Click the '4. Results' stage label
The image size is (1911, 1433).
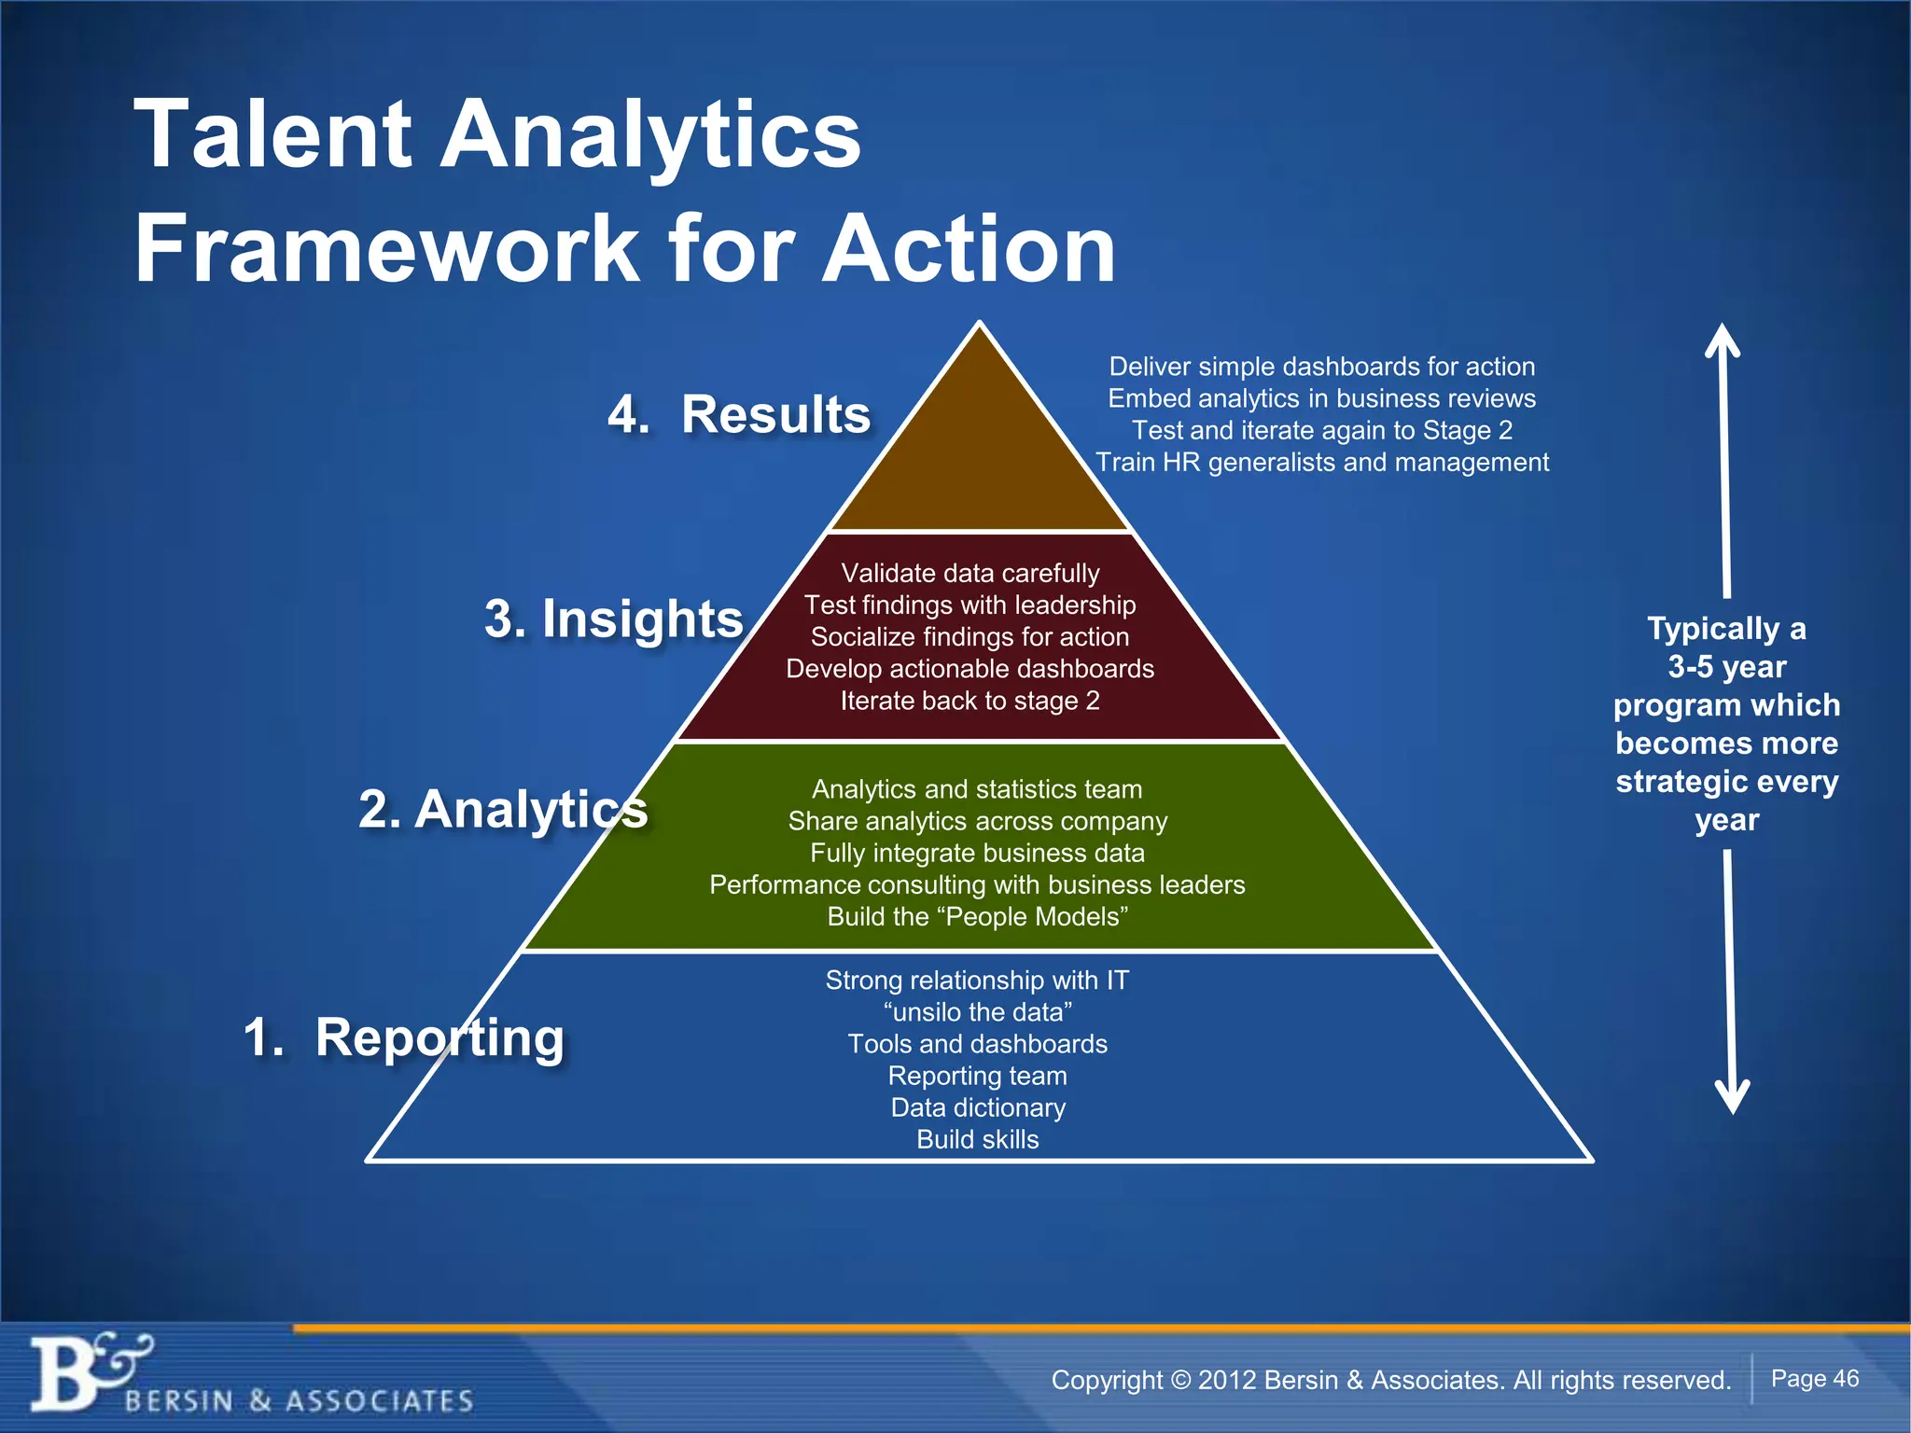tap(739, 414)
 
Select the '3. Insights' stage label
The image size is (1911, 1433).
tap(613, 619)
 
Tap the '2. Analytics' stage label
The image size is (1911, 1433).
tap(503, 809)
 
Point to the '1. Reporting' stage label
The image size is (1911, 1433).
tap(403, 1036)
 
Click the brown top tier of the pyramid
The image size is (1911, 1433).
tap(979, 457)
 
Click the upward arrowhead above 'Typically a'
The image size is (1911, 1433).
tap(1723, 340)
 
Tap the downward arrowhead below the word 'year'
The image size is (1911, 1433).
tap(1733, 1095)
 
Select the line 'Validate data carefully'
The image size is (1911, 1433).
tap(970, 573)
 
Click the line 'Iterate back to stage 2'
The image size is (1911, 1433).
tap(970, 701)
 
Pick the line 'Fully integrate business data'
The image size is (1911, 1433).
tap(977, 853)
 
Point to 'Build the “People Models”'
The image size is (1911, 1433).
tap(977, 916)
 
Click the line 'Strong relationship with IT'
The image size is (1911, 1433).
tap(977, 981)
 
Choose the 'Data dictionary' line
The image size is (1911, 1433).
tap(977, 1107)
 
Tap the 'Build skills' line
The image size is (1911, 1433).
tap(977, 1139)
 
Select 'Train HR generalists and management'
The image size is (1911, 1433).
tap(1321, 462)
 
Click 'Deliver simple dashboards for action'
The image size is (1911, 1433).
tap(1321, 367)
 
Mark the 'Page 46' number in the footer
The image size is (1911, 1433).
tap(1814, 1378)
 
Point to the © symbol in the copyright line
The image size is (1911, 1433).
tap(1181, 1380)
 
